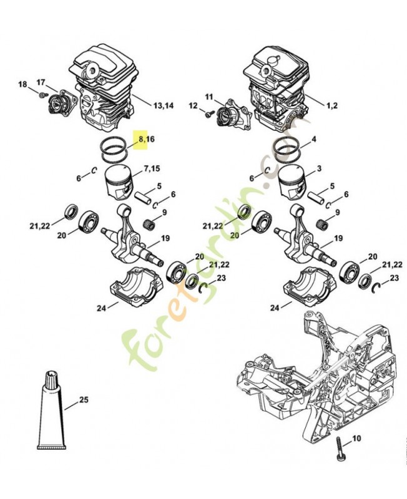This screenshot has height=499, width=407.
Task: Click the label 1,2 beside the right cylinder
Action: pyautogui.click(x=330, y=105)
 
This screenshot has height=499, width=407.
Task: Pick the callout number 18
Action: pyautogui.click(x=22, y=84)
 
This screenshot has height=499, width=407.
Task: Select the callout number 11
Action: pyautogui.click(x=209, y=97)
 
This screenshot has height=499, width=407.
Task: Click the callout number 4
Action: pyautogui.click(x=313, y=139)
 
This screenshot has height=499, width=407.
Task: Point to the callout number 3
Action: pyautogui.click(x=319, y=169)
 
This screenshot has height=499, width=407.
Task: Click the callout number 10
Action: pyautogui.click(x=356, y=440)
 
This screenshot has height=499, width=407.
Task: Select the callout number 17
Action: pyautogui.click(x=41, y=82)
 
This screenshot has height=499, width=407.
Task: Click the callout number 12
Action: pyautogui.click(x=193, y=105)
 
